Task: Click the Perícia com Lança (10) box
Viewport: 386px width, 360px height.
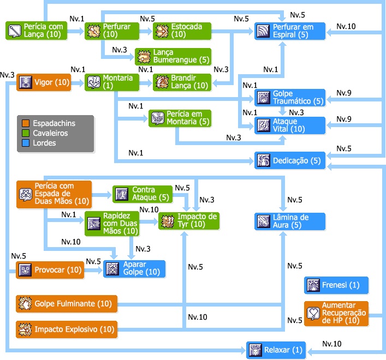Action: [36, 31]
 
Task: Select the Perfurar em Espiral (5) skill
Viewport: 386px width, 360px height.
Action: [290, 31]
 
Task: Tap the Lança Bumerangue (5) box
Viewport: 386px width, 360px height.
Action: [173, 57]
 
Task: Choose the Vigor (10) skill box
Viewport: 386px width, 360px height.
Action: [44, 82]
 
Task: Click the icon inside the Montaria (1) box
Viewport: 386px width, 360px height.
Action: [94, 82]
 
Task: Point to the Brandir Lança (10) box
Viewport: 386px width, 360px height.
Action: [182, 82]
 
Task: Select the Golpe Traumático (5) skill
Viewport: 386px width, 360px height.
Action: [290, 98]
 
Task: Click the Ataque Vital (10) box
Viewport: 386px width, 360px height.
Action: [290, 125]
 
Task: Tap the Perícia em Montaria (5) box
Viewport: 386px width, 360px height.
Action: [180, 118]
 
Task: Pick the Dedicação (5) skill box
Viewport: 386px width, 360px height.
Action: [290, 160]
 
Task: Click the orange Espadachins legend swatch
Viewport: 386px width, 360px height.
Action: [26, 123]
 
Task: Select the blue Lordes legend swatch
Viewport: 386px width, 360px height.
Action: [26, 143]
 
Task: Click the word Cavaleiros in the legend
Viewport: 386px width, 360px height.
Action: [50, 133]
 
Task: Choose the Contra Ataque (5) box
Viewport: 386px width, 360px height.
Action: [142, 194]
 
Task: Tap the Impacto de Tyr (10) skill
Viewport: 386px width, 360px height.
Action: [189, 221]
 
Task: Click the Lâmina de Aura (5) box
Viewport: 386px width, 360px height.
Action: [290, 221]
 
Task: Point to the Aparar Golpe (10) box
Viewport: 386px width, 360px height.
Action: [134, 269]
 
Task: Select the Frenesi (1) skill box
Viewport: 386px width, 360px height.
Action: [336, 285]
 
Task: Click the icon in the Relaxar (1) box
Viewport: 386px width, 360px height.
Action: [256, 350]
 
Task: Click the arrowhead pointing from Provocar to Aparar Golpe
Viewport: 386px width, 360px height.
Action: [100, 270]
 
